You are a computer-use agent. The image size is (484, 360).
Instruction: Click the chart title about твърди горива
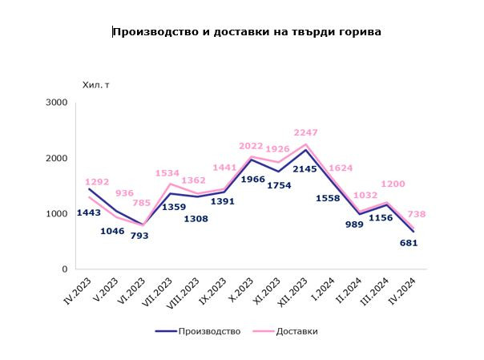[x=247, y=32]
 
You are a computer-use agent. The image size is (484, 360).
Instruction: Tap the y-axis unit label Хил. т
[x=95, y=83]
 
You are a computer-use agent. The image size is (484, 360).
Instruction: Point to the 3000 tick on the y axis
[x=57, y=103]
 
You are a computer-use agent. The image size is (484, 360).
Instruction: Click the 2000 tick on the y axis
[x=57, y=158]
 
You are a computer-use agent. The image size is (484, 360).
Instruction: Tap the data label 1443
[x=89, y=212]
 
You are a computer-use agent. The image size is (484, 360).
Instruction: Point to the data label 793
[x=143, y=236]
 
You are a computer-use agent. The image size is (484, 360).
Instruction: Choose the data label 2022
[x=253, y=146]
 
